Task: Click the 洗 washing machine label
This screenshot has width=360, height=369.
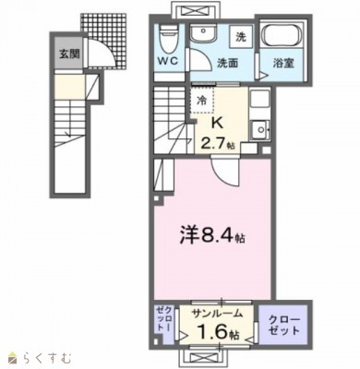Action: tap(240, 38)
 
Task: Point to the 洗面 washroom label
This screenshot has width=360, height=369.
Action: tap(228, 64)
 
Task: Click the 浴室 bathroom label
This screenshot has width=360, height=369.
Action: tap(282, 64)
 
